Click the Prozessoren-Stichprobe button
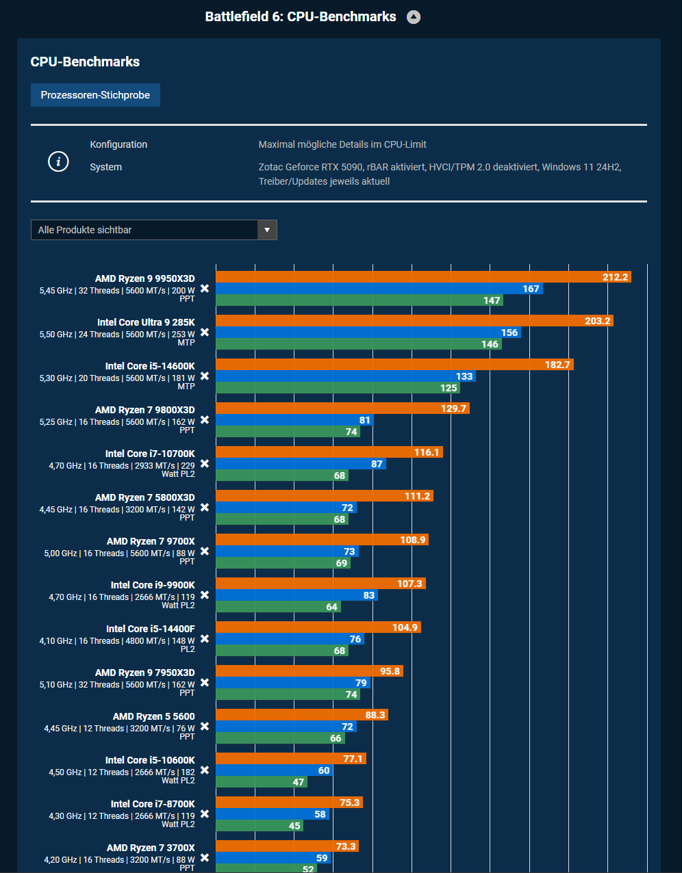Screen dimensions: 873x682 pyautogui.click(x=95, y=95)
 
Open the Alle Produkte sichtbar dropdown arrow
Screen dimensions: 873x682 pyautogui.click(x=267, y=230)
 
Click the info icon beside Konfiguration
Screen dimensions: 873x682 pyautogui.click(x=58, y=161)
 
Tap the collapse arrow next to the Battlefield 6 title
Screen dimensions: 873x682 pyautogui.click(x=414, y=17)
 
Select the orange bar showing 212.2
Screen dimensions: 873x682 pyautogui.click(x=423, y=277)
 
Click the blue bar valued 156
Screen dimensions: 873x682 pyautogui.click(x=368, y=333)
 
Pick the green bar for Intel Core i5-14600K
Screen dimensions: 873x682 pyautogui.click(x=338, y=388)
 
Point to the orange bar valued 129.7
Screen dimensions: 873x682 pyautogui.click(x=342, y=408)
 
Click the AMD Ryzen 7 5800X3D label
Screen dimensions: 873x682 pyautogui.click(x=144, y=497)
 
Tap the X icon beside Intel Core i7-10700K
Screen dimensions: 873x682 pyautogui.click(x=204, y=464)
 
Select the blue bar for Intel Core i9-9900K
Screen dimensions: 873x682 pyautogui.click(x=296, y=595)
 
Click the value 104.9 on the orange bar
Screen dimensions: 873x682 pyautogui.click(x=405, y=628)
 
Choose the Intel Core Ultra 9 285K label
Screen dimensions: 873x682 pyautogui.click(x=146, y=322)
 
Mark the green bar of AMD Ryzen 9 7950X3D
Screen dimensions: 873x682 pyautogui.click(x=288, y=694)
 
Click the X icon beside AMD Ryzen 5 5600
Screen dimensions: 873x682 pyautogui.click(x=204, y=727)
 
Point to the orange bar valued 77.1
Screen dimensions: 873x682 pyautogui.click(x=291, y=759)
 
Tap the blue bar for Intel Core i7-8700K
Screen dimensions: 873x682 pyautogui.click(x=273, y=814)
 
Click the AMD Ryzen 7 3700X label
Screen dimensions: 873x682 pyautogui.click(x=151, y=848)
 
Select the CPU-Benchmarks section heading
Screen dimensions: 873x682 pyautogui.click(x=85, y=62)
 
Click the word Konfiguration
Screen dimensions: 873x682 pyautogui.click(x=118, y=144)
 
